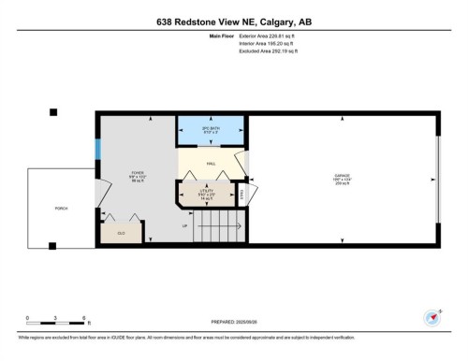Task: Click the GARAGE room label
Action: coord(343,177)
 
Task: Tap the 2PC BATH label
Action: coord(211,130)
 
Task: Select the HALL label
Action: coord(211,161)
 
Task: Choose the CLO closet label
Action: coord(120,232)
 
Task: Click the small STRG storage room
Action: coord(241,195)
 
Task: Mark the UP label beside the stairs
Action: coord(184,225)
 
